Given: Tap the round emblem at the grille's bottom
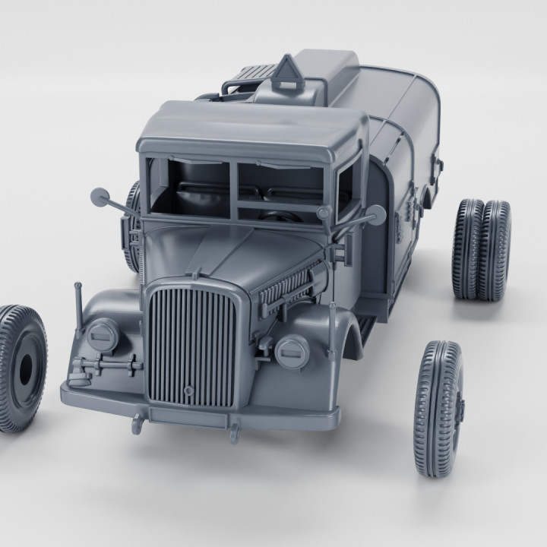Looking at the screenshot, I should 188,390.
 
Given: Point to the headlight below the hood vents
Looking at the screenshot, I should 291,351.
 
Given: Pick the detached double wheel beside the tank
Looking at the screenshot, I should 482,249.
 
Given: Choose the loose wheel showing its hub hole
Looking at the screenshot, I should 21,368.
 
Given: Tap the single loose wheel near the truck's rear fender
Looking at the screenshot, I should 439,408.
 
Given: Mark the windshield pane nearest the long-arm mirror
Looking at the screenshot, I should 189,187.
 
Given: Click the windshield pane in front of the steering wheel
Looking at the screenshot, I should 281,190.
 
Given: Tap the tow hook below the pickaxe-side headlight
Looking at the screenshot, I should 137,422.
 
